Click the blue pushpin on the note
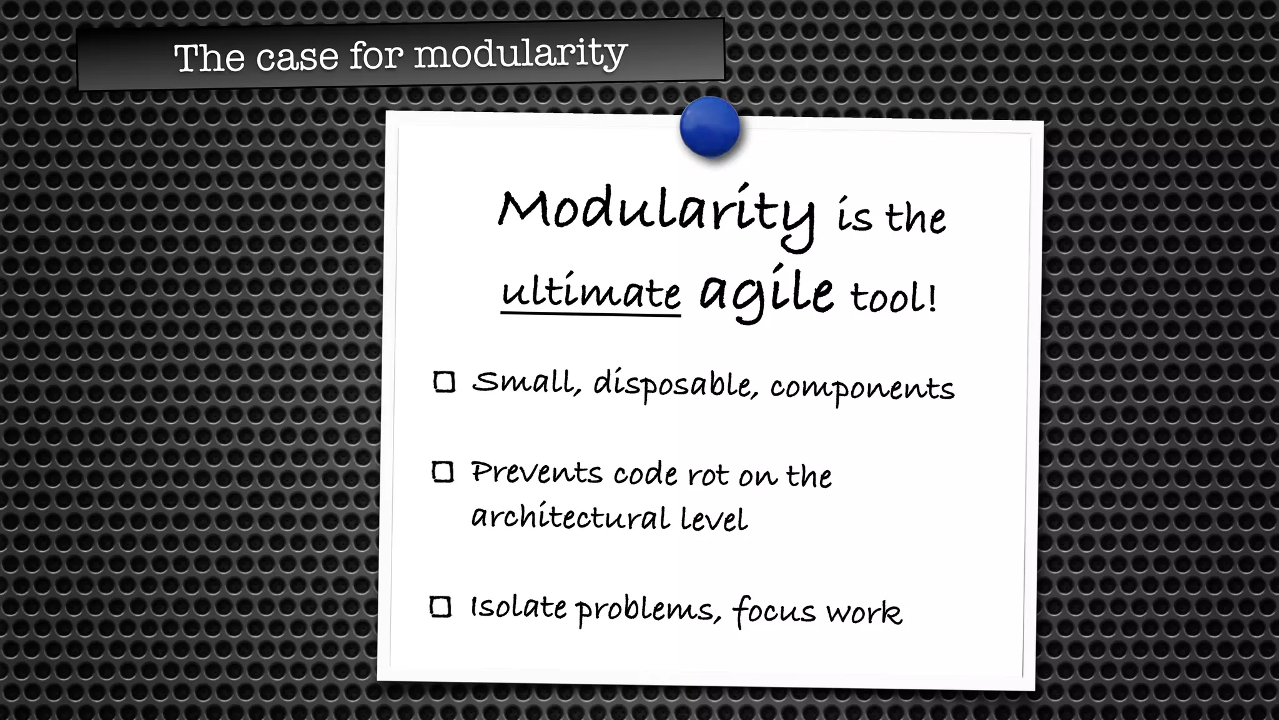(x=709, y=127)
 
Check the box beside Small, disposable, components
(x=444, y=382)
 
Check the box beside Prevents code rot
(x=443, y=472)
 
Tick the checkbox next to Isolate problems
(x=441, y=607)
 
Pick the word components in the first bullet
(x=862, y=389)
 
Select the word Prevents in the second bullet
(x=536, y=472)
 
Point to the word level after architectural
(x=714, y=519)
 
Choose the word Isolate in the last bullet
(x=518, y=607)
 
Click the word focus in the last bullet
(x=774, y=611)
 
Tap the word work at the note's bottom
(x=864, y=612)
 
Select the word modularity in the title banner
(x=520, y=54)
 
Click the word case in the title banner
(x=297, y=57)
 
